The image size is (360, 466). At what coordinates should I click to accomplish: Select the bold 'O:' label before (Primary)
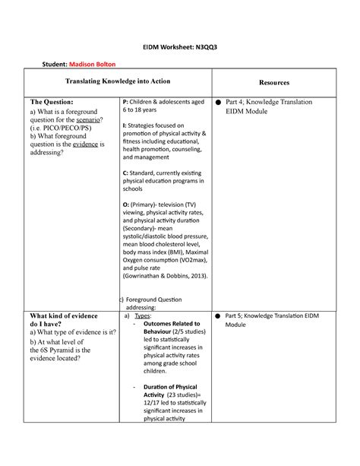127,206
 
